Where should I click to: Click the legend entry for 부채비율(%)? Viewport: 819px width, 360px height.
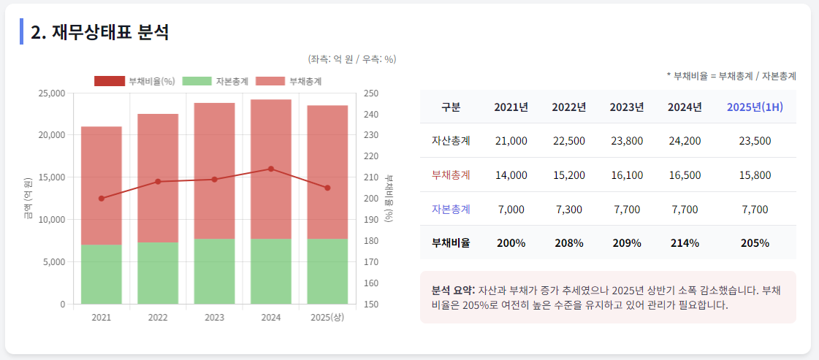coord(134,81)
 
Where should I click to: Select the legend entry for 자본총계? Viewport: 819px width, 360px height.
coord(216,81)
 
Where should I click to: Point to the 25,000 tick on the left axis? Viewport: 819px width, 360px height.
coord(51,93)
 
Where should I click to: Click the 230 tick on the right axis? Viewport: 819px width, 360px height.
coord(370,135)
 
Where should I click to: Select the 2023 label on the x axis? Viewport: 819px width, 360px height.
coord(214,318)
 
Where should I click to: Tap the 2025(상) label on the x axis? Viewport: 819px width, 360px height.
coord(327,318)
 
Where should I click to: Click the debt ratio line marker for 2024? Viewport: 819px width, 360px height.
coord(271,169)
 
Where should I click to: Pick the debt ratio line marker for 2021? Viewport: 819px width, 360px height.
coord(102,199)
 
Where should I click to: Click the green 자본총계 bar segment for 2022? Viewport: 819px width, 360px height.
coord(158,272)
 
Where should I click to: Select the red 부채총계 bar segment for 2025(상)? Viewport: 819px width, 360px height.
coord(327,172)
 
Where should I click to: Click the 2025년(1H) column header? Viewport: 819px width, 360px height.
coord(755,107)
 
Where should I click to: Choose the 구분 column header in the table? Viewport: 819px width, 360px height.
coord(451,107)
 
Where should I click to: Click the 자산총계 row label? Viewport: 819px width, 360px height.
coord(451,141)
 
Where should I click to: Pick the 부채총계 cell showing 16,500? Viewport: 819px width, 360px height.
coord(685,175)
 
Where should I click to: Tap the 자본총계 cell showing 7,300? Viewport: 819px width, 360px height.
coord(569,210)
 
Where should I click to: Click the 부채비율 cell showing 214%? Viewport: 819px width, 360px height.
coord(685,243)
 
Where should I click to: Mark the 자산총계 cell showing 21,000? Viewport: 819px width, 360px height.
coord(511,141)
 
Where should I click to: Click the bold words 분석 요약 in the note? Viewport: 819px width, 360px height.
coord(453,290)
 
